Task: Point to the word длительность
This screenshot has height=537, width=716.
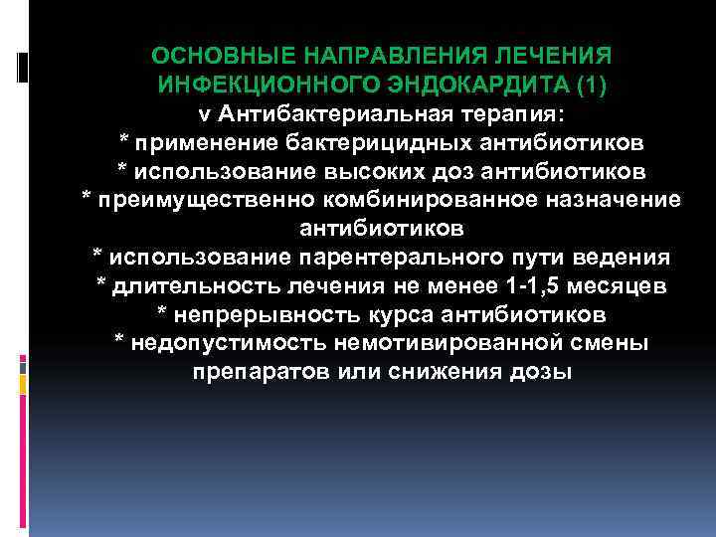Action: pyautogui.click(x=189, y=286)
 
